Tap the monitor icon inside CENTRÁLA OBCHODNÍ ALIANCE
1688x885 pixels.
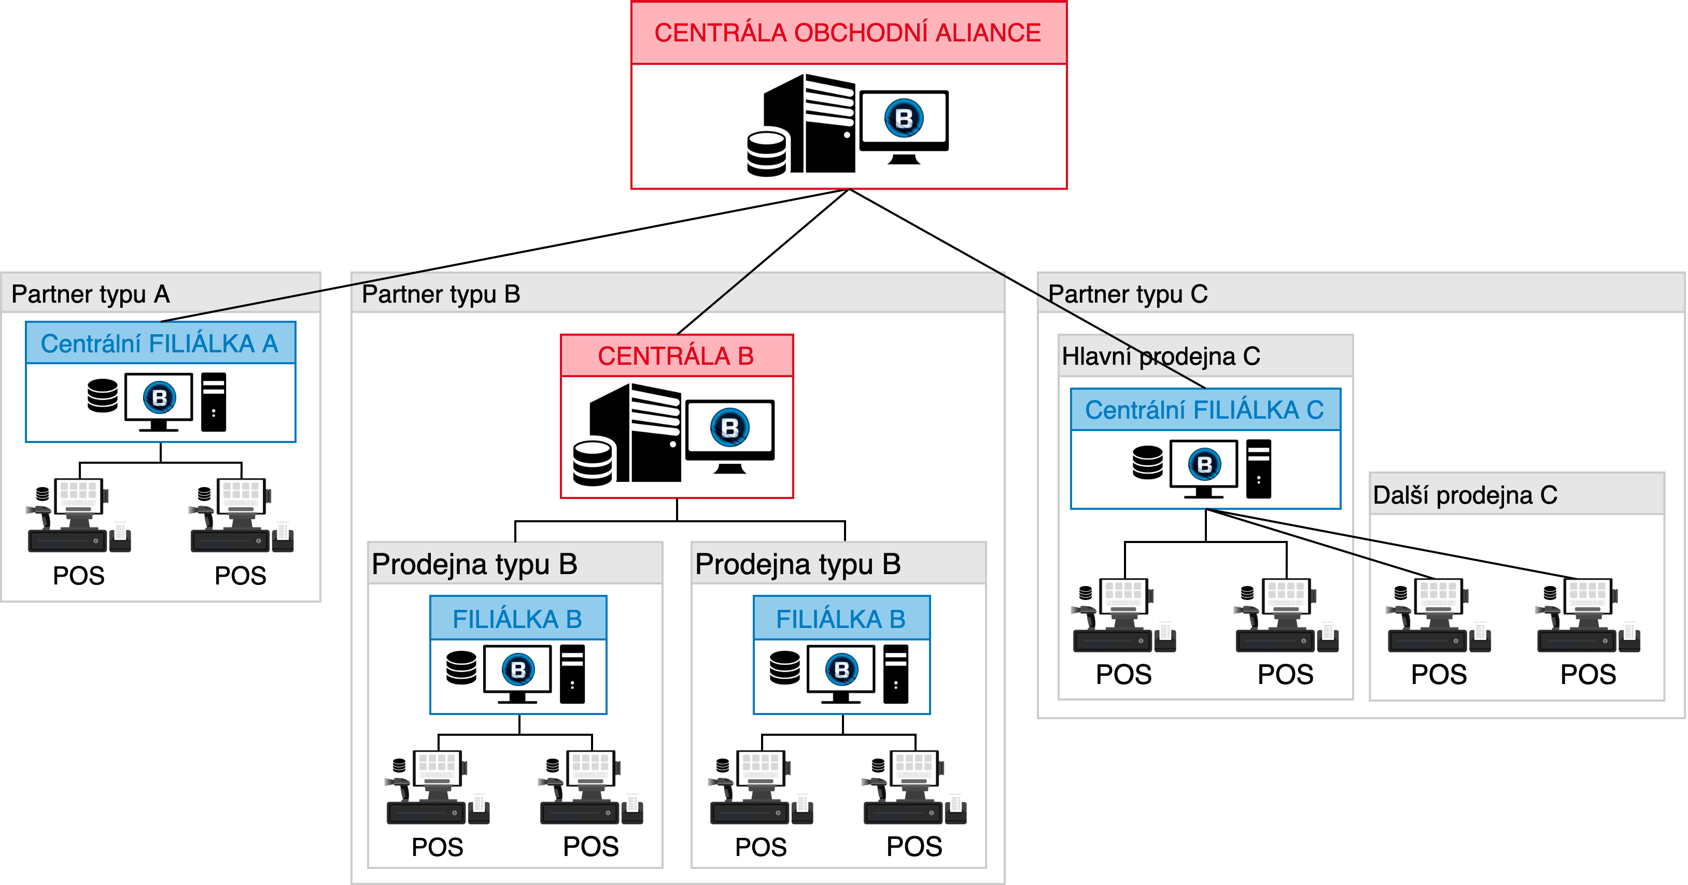(904, 127)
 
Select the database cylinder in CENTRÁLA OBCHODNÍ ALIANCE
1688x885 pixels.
(767, 154)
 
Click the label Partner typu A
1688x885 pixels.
(90, 294)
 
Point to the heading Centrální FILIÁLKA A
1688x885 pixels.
(159, 343)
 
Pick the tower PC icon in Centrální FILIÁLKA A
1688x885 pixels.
(214, 402)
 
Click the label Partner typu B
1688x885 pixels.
(441, 294)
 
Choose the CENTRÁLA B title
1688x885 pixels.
(676, 355)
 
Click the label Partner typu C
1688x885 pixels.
(1128, 294)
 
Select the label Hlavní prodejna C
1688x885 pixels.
(1160, 356)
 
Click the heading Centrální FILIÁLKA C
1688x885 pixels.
(1204, 410)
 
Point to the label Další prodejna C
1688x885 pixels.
(1465, 495)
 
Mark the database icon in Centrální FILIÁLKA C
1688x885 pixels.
(1147, 463)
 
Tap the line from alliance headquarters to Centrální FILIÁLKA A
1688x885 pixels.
(504, 255)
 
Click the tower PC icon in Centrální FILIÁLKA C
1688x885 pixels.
(1258, 469)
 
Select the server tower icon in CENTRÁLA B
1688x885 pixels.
(635, 433)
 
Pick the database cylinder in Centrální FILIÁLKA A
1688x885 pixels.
(102, 396)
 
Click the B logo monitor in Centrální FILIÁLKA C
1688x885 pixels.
(1204, 469)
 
